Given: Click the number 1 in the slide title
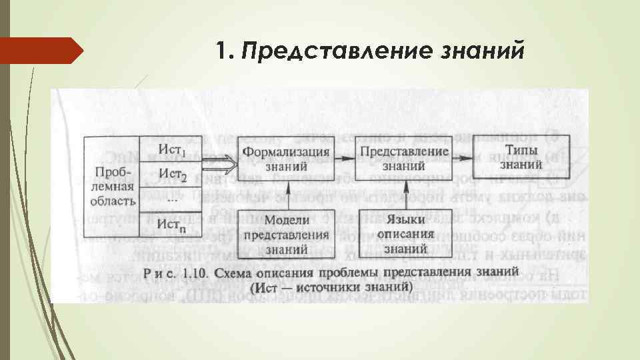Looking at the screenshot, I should tap(223, 52).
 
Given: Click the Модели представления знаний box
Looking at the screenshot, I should tap(286, 233).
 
